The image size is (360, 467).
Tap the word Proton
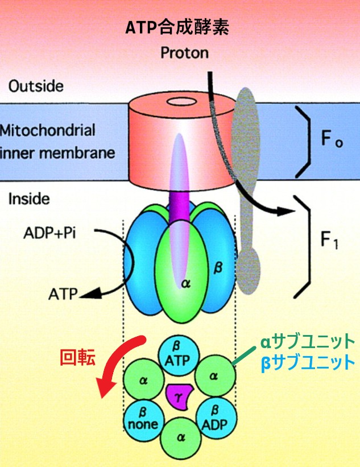tap(184, 53)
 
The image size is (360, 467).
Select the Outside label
tap(36, 86)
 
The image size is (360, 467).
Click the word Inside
tap(29, 199)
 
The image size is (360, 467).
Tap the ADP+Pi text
tap(48, 233)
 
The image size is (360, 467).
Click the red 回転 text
tap(77, 357)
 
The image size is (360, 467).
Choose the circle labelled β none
tap(143, 417)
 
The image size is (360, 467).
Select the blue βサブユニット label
tap(307, 362)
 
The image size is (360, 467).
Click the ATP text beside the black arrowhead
tap(63, 295)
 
